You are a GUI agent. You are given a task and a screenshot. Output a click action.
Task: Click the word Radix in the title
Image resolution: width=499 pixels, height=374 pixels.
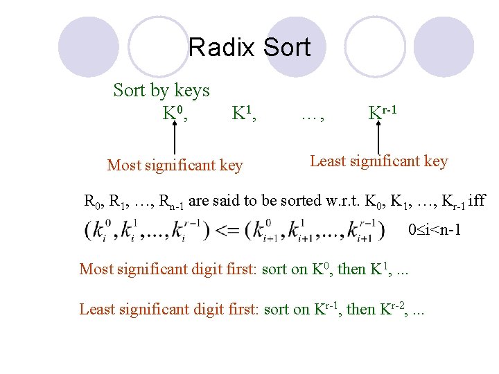pyautogui.click(x=220, y=48)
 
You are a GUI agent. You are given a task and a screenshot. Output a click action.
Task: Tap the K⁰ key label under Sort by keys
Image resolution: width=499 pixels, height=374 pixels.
pyautogui.click(x=174, y=112)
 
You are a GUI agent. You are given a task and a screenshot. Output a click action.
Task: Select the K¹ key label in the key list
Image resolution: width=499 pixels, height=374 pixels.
pyautogui.click(x=244, y=112)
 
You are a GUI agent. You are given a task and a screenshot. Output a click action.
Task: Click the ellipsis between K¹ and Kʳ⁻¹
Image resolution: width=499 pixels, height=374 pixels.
pyautogui.click(x=313, y=116)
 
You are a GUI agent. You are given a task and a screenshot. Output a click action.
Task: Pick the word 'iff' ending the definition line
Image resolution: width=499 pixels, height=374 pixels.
pyautogui.click(x=478, y=202)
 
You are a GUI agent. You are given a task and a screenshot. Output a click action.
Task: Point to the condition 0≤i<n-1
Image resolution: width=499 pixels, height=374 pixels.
pyautogui.click(x=435, y=229)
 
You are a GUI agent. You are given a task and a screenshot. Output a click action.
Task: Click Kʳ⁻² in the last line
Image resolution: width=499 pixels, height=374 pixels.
pyautogui.click(x=393, y=308)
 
